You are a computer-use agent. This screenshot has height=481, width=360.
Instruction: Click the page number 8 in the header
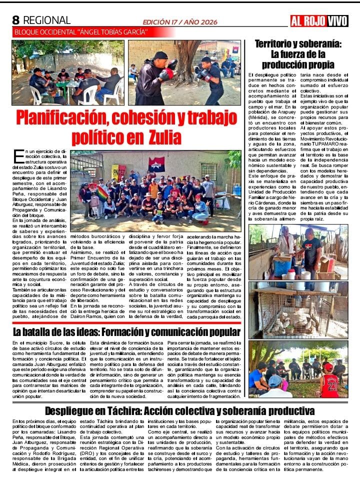coord(15,20)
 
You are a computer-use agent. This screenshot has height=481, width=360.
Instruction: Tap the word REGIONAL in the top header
coord(47,20)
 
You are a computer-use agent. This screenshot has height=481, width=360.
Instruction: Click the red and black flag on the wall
coord(156,164)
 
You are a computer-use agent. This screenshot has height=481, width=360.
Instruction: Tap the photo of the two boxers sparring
coord(184,72)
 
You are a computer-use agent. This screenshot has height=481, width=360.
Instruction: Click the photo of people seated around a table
coord(68,72)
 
